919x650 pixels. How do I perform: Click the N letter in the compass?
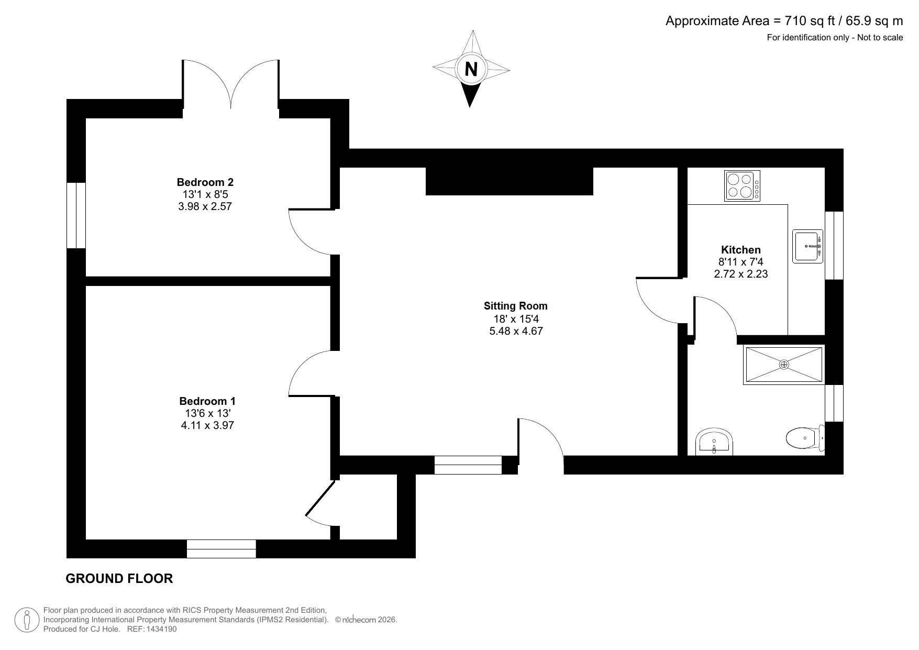point(471,69)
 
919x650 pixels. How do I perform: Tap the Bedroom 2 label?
point(205,182)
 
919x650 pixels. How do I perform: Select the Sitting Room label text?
point(515,306)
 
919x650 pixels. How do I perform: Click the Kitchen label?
point(740,250)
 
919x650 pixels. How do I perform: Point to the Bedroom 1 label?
point(207,401)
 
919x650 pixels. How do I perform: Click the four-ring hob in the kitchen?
point(742,186)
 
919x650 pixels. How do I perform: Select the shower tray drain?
point(783,365)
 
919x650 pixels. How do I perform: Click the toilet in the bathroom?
point(805,438)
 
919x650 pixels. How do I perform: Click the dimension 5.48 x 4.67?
point(515,331)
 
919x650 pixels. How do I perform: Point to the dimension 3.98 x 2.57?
point(205,206)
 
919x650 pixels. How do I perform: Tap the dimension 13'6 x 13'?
point(207,413)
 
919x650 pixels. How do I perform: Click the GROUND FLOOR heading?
point(119,578)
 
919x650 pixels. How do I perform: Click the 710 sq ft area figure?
point(807,21)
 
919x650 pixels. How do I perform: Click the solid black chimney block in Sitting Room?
point(509,181)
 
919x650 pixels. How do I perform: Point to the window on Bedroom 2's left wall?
point(76,215)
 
